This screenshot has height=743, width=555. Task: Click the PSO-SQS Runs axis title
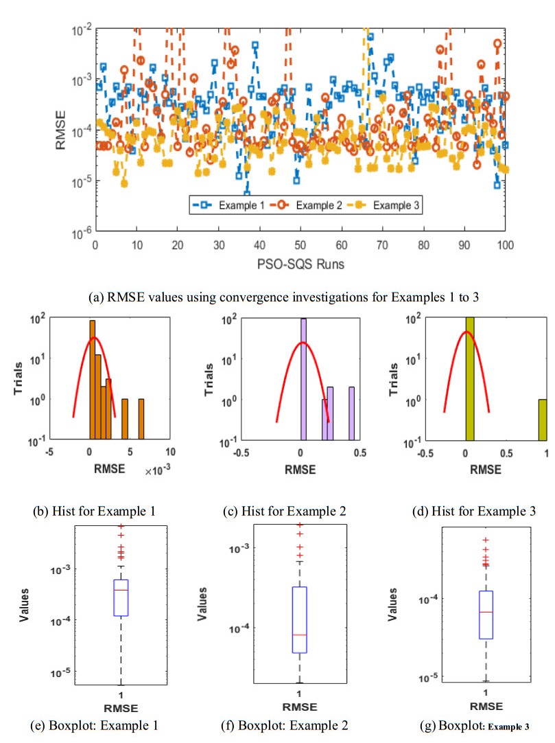300,263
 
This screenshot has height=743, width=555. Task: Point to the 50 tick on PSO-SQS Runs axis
300,245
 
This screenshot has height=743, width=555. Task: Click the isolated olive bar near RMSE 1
542,419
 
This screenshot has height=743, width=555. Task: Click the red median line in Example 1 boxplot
121,590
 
